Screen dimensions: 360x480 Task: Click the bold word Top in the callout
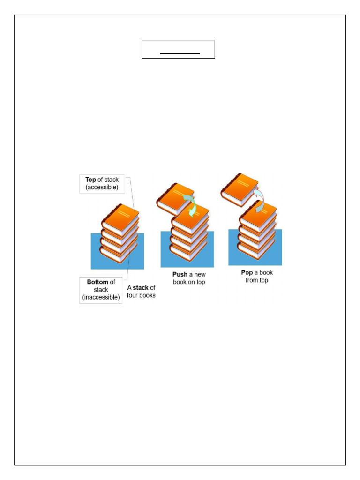90,180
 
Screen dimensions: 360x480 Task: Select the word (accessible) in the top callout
102,187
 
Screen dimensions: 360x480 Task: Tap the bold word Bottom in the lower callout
97,282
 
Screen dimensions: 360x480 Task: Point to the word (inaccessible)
101,297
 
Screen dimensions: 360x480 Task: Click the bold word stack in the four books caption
140,288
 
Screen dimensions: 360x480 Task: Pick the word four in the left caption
134,295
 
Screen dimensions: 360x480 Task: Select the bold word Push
180,274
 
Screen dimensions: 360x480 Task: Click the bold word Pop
247,272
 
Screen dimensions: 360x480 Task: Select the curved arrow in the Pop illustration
259,199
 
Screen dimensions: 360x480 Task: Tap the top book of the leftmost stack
121,218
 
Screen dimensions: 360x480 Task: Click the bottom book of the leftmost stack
117,255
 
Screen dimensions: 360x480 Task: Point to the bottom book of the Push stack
187,252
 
